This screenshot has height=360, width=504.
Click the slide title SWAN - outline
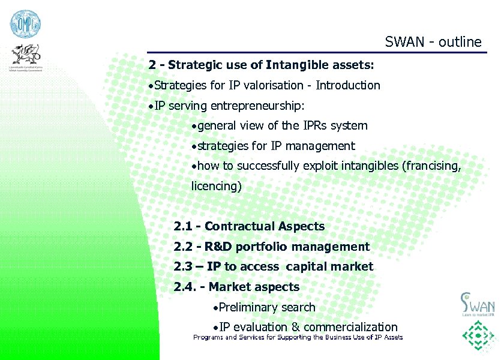(x=433, y=42)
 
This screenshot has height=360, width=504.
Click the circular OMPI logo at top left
(x=25, y=25)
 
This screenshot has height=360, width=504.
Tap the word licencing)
(x=217, y=186)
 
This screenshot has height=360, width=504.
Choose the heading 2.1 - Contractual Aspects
(x=249, y=226)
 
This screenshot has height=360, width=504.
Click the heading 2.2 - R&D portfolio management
(x=271, y=247)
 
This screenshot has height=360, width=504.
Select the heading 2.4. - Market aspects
(x=236, y=287)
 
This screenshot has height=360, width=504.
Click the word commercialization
(x=350, y=327)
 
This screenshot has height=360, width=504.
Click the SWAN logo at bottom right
(x=478, y=304)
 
